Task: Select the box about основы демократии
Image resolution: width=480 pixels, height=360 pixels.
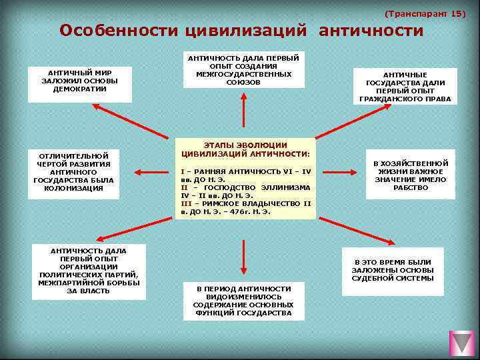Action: pyautogui.click(x=80, y=85)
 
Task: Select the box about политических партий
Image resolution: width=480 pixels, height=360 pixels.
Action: pyautogui.click(x=89, y=271)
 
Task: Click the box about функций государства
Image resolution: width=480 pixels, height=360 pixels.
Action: pyautogui.click(x=244, y=301)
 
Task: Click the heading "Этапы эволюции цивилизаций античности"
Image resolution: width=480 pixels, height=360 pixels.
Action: pyautogui.click(x=245, y=149)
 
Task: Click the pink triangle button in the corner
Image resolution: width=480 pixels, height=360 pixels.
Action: pyautogui.click(x=462, y=343)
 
